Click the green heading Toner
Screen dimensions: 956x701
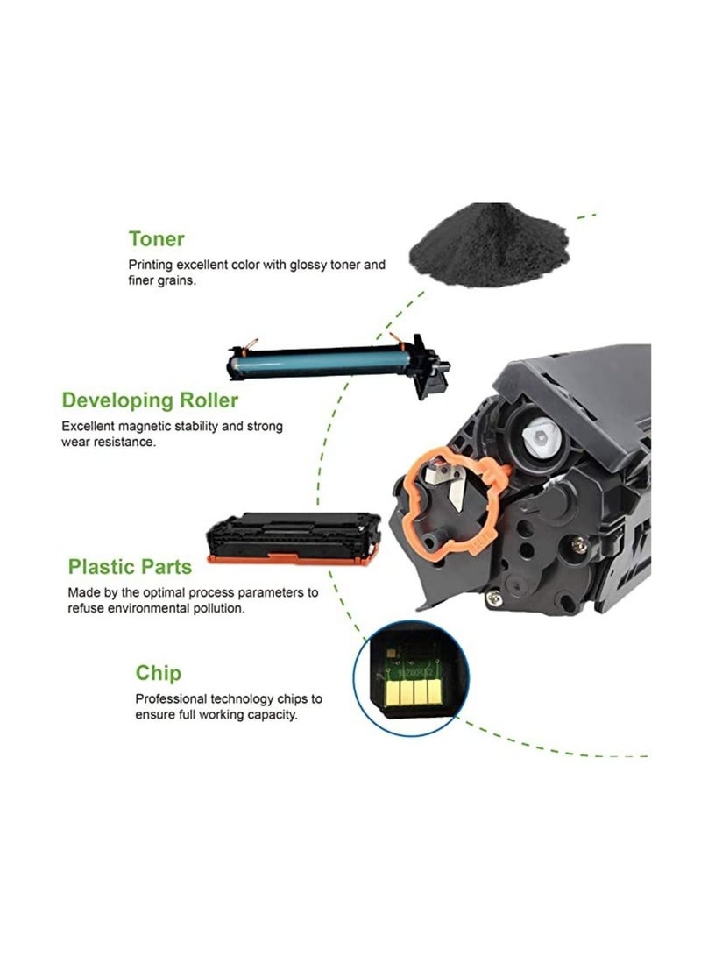[156, 238]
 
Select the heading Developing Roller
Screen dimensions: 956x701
[150, 400]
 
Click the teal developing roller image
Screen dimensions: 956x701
[315, 358]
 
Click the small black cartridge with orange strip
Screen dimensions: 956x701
[293, 535]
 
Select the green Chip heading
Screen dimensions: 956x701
[159, 673]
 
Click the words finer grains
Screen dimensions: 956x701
[161, 280]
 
